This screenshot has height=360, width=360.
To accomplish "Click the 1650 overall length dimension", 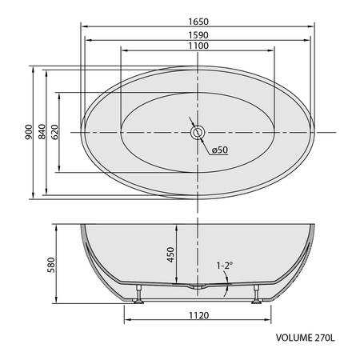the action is [198, 22].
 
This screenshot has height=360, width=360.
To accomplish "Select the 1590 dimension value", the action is [198, 35].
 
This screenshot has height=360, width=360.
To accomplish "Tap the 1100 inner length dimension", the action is [198, 46].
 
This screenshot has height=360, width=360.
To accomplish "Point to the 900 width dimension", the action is [29, 132].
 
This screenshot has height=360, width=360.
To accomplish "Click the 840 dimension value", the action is [42, 132].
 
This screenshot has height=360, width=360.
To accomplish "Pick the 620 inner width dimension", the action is [54, 132].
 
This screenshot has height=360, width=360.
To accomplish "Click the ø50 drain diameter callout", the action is [220, 150].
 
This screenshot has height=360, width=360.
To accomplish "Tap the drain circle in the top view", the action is [198, 132].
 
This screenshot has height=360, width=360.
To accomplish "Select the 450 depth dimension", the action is [170, 254].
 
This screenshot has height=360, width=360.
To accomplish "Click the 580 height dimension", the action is [51, 265].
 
